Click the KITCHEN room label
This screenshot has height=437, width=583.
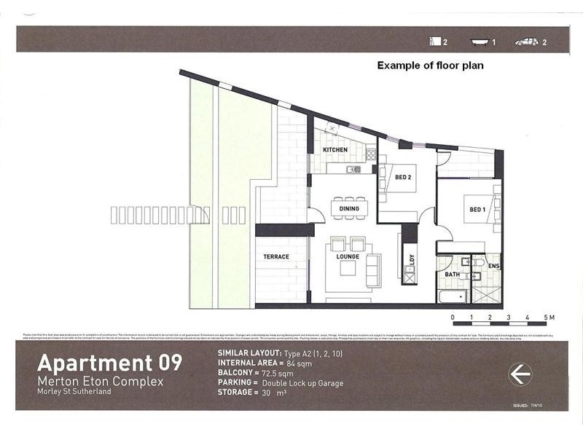point(335,150)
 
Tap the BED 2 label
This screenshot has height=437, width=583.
point(403,177)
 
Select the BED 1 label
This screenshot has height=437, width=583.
point(477,210)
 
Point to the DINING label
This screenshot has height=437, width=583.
point(349,209)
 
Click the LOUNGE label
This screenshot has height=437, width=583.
point(348,256)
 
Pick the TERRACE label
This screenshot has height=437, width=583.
point(276,256)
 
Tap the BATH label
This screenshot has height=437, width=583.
point(453,275)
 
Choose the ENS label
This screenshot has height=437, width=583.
point(493,267)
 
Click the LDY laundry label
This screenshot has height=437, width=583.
point(412,259)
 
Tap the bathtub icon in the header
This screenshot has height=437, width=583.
point(479,42)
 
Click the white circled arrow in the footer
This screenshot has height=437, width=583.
point(520,374)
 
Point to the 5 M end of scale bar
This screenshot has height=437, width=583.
point(547,318)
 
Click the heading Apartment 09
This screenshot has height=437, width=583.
point(109,362)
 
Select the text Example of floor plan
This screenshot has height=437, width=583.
point(430,66)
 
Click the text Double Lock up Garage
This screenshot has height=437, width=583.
point(301,382)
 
